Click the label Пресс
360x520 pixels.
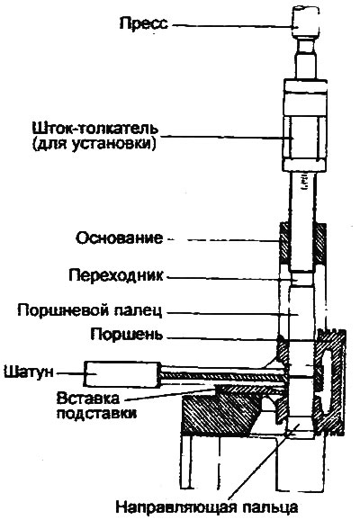(144, 24)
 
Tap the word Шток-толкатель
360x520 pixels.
(94, 129)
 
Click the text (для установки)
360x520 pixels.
(94, 144)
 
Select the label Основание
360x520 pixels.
(120, 238)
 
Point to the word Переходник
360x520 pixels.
(116, 275)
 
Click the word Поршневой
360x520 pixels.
(63, 310)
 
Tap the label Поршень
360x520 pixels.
(127, 335)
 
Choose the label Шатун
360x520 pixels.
(29, 372)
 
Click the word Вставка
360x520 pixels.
(87, 398)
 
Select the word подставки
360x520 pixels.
(96, 414)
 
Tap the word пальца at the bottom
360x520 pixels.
(270, 507)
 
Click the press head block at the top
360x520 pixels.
(306, 22)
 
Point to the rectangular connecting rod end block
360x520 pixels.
(121, 374)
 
